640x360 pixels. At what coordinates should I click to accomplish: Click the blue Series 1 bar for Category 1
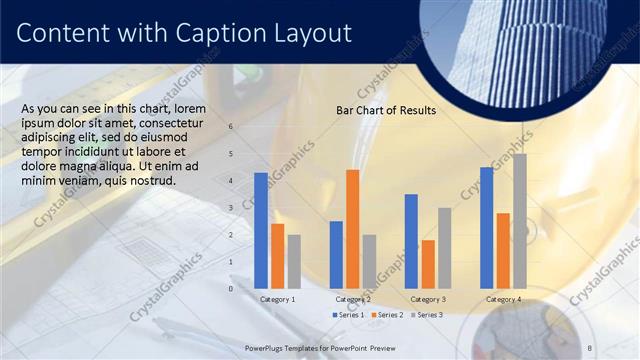point(261,230)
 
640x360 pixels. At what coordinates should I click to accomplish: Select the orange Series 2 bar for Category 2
point(352,229)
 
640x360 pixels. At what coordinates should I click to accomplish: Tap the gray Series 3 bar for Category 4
point(519,221)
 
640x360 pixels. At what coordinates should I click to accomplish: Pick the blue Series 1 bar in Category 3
point(411,241)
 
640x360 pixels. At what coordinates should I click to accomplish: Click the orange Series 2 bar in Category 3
point(428,264)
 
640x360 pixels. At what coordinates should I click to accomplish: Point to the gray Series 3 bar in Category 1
point(294,262)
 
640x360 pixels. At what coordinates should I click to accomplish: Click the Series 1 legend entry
point(347,315)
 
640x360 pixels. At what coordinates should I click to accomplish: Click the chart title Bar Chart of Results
point(385,111)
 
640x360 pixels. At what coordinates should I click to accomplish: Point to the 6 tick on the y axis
point(231,127)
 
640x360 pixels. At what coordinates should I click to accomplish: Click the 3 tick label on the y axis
point(231,208)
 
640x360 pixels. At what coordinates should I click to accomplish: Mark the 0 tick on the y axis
point(231,289)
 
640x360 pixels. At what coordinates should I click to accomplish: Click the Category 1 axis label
point(277,299)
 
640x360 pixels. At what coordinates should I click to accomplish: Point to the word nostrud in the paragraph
point(153,181)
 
